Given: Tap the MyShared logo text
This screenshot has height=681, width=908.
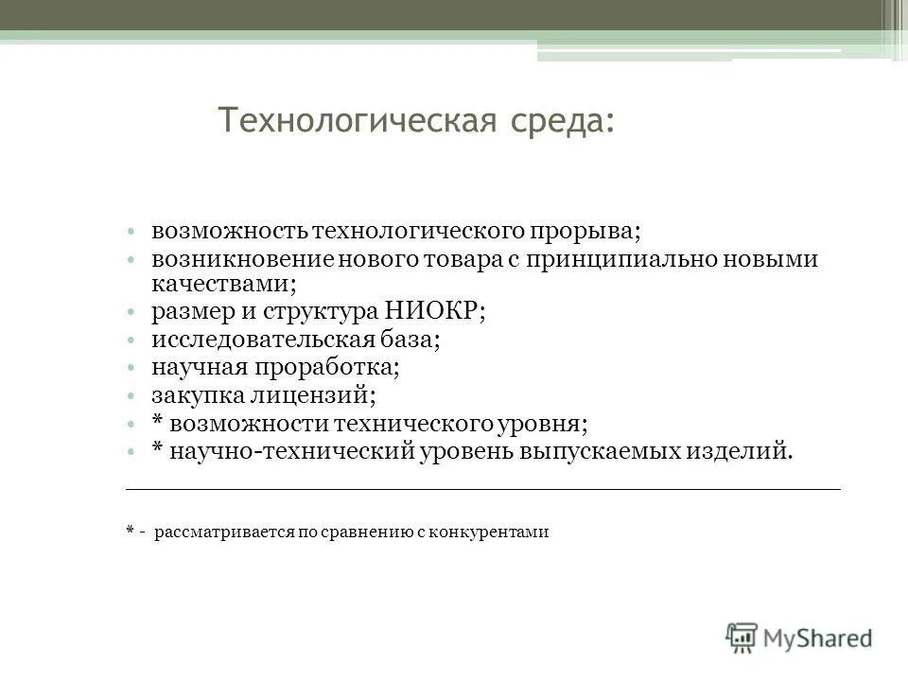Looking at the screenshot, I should [x=816, y=637].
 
